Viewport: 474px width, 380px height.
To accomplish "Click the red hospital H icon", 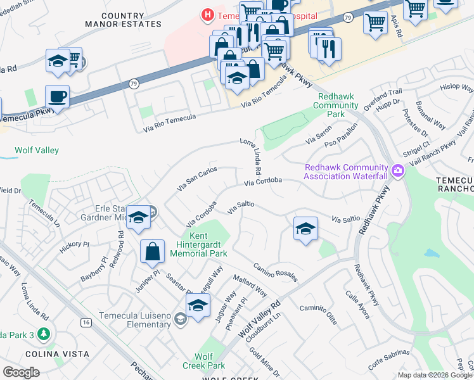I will tap(207, 14).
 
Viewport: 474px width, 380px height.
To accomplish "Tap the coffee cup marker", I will tap(58, 98).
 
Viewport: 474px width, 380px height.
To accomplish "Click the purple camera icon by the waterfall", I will tap(397, 170).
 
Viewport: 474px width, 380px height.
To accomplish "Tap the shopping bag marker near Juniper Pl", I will tap(153, 251).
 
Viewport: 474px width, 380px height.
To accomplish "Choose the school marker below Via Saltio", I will tap(305, 229).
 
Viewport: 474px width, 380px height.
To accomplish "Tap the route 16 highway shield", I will tap(86, 322).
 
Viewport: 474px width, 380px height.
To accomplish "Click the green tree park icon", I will tap(43, 334).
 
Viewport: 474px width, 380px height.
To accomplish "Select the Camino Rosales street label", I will tap(276, 273).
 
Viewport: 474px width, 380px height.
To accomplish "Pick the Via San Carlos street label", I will tap(197, 179).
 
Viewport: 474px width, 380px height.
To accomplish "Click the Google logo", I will tap(21, 372).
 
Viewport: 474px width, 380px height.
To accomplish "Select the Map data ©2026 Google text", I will tap(434, 375).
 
